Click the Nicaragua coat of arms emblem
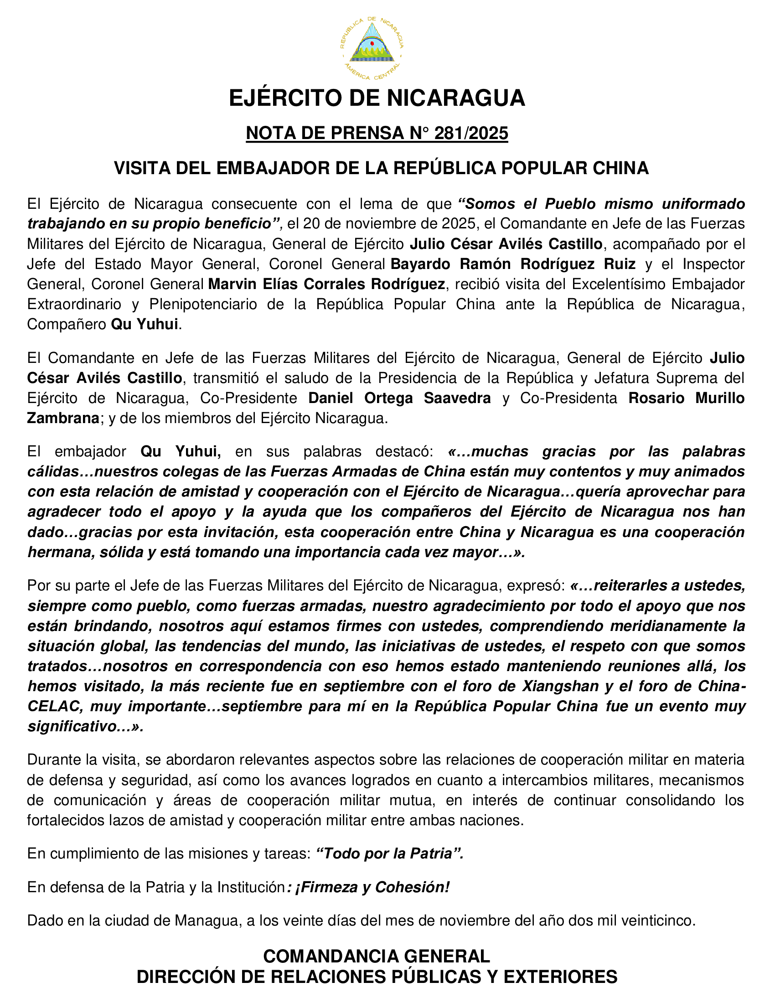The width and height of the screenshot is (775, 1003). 372,46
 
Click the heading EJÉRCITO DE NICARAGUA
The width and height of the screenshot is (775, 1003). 377,98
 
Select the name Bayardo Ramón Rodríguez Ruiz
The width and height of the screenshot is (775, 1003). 513,264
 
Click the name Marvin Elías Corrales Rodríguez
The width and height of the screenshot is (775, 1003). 326,284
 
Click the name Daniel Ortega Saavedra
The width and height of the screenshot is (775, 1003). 399,398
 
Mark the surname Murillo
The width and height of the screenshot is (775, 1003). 720,398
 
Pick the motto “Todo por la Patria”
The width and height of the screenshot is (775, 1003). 390,853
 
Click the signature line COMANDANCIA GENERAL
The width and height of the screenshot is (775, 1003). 377,956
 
